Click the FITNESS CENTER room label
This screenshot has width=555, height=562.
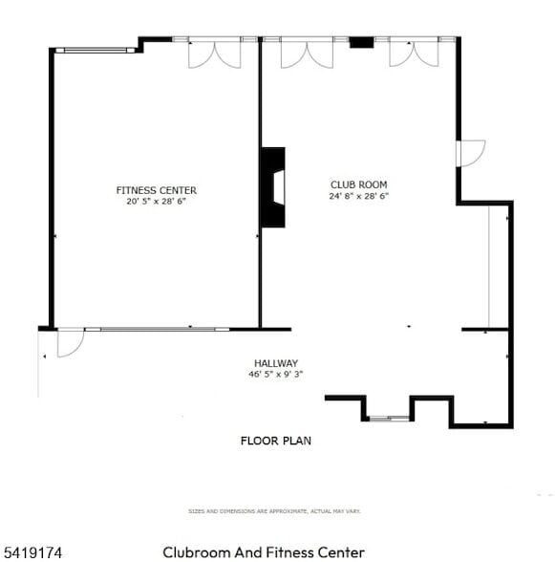[x=157, y=190]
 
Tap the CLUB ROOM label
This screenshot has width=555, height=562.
[x=359, y=184]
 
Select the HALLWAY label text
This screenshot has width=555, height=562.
[x=276, y=363]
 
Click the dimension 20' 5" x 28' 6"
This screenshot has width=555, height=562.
[x=157, y=202]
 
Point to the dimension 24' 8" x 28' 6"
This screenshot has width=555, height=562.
[x=359, y=196]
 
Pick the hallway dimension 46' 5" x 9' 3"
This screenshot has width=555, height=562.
[x=276, y=375]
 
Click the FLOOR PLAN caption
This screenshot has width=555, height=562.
[x=275, y=441]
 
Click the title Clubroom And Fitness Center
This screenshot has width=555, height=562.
[x=264, y=552]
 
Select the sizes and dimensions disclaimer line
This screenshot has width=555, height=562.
[x=275, y=511]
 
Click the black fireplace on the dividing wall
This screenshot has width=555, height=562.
[x=273, y=187]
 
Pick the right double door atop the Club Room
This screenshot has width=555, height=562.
[x=413, y=54]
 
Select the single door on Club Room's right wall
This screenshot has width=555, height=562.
[x=470, y=153]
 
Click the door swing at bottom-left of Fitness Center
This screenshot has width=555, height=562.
[x=69, y=343]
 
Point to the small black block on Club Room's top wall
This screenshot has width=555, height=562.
[x=360, y=42]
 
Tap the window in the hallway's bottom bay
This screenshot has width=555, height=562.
[x=388, y=418]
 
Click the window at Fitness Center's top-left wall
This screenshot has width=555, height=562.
[x=94, y=49]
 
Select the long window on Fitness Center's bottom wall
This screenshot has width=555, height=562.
[x=157, y=329]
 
